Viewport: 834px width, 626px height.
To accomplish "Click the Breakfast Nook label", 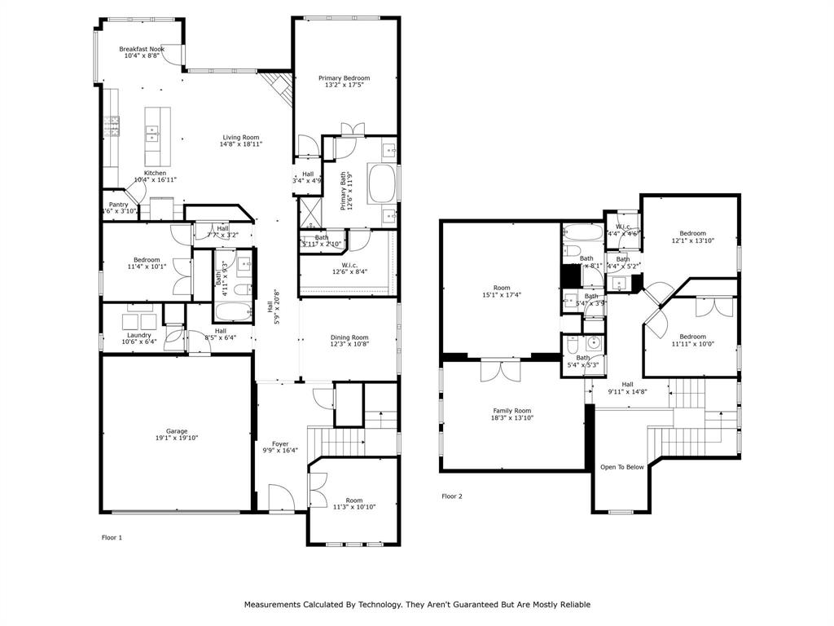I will [142, 49].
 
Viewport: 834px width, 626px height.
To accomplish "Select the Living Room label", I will [241, 137].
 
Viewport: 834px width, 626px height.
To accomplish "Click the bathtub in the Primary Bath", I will [381, 184].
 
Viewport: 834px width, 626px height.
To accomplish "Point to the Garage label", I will [177, 431].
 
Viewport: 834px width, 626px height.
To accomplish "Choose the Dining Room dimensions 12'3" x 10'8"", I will [349, 345].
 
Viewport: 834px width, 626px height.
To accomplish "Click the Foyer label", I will [280, 443].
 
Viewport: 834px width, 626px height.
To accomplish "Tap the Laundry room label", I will [138, 335].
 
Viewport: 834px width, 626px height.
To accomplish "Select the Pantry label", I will [118, 205].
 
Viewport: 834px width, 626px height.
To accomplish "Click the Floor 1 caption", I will [112, 537].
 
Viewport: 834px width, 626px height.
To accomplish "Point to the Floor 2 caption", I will [452, 496].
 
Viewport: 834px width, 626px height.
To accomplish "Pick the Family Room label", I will [511, 411].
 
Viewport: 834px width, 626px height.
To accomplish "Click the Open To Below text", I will [622, 467].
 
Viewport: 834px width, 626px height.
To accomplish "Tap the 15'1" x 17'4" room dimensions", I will [502, 296].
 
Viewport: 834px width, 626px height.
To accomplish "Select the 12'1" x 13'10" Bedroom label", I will [693, 233].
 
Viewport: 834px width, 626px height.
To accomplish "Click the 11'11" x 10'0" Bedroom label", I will [692, 337].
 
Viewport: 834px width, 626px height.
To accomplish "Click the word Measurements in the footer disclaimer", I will [274, 605].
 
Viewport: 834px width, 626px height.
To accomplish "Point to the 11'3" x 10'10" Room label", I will [353, 500].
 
